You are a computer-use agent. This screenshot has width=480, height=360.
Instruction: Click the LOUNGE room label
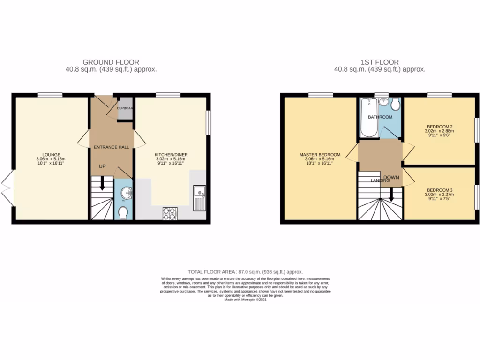coord(51,154)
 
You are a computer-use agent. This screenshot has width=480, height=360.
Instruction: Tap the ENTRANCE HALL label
coord(111,147)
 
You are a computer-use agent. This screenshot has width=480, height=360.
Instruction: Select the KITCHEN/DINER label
coord(171,154)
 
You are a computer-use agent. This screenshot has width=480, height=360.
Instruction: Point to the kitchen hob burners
coord(170,213)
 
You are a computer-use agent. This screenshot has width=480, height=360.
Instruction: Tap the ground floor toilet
coord(123,213)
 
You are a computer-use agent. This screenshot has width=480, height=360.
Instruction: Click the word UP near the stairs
coord(102,166)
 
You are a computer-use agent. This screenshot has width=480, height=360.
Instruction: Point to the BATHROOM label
coord(380,117)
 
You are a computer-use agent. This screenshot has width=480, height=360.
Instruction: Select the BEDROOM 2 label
coord(439,126)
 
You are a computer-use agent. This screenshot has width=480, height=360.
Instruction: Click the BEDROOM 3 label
coord(440,190)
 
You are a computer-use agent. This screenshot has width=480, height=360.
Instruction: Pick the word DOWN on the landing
coord(391,178)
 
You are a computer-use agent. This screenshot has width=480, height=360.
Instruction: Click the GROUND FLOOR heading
coord(111,62)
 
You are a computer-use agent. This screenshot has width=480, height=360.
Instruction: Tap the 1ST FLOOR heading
coord(380,62)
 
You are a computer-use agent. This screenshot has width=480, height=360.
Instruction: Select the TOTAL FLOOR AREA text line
coord(245,272)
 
